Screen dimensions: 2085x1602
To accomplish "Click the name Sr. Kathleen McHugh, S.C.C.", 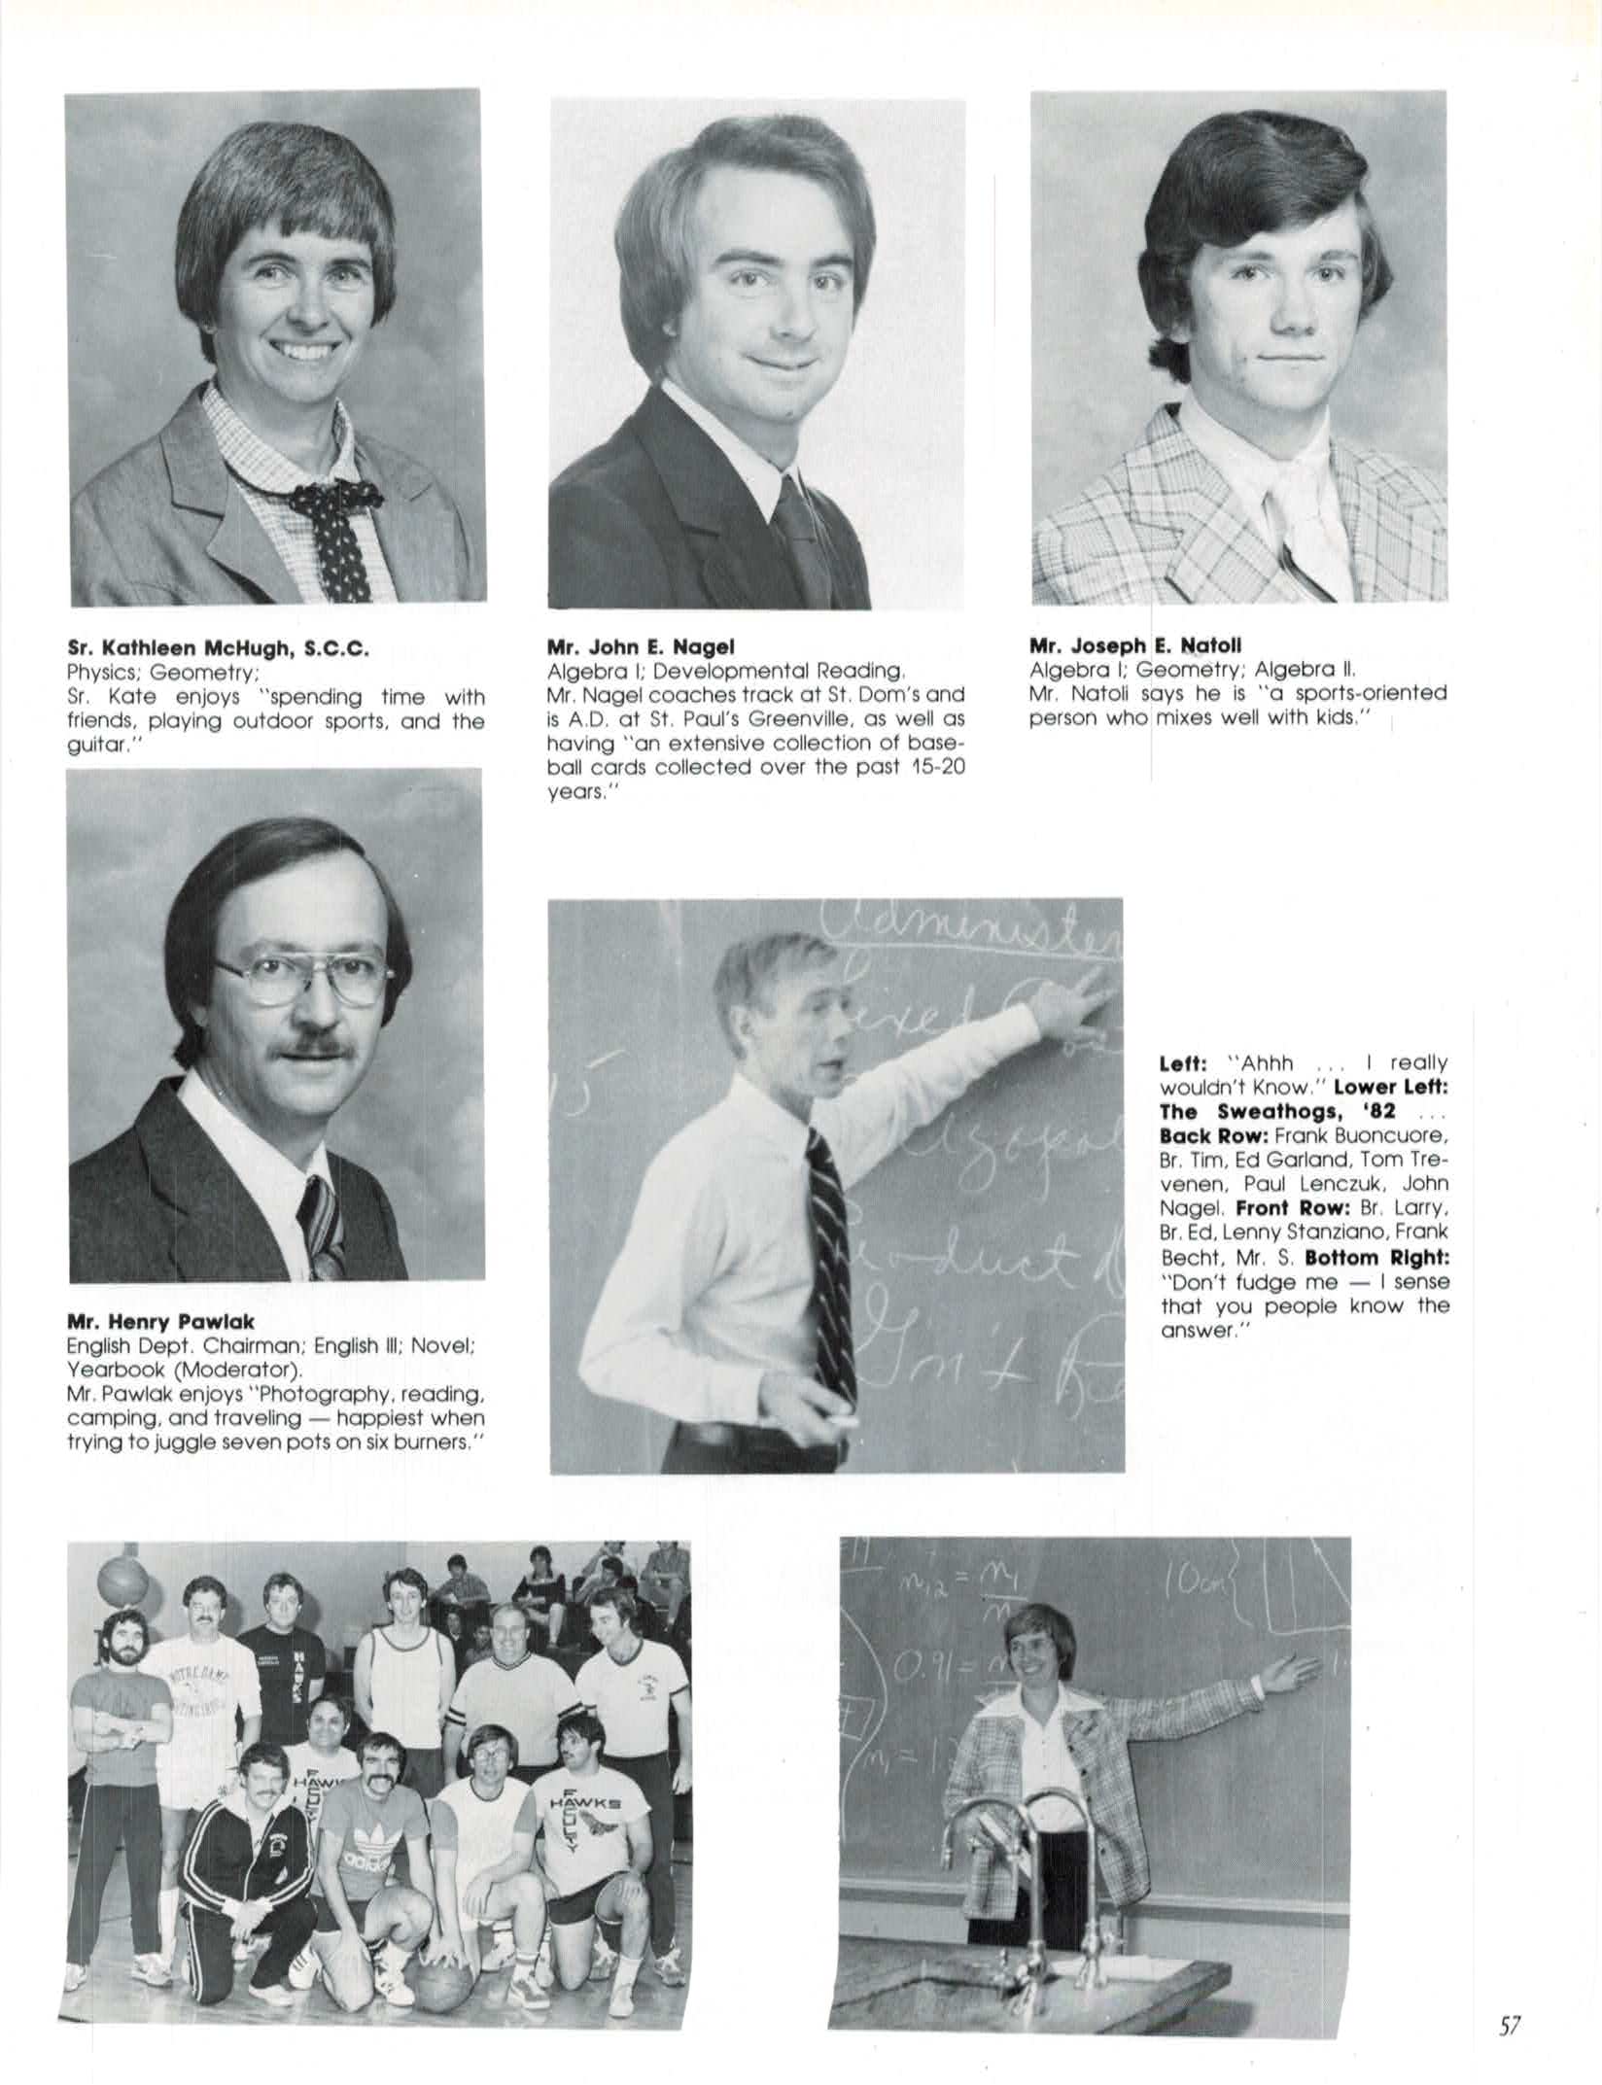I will pos(217,648).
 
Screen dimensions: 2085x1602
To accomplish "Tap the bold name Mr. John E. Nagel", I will pos(641,646).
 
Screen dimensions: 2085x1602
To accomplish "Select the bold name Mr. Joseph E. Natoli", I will pos(1134,644).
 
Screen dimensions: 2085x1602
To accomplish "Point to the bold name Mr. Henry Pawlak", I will pos(160,1321).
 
